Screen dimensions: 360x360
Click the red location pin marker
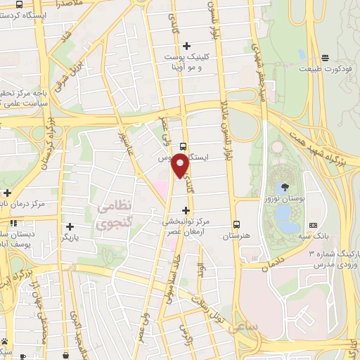180,166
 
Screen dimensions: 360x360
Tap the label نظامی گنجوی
114,216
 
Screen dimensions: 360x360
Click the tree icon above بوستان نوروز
285,187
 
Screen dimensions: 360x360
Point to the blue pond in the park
285,214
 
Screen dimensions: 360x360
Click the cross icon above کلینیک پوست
186,46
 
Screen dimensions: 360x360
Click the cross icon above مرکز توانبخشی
186,210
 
